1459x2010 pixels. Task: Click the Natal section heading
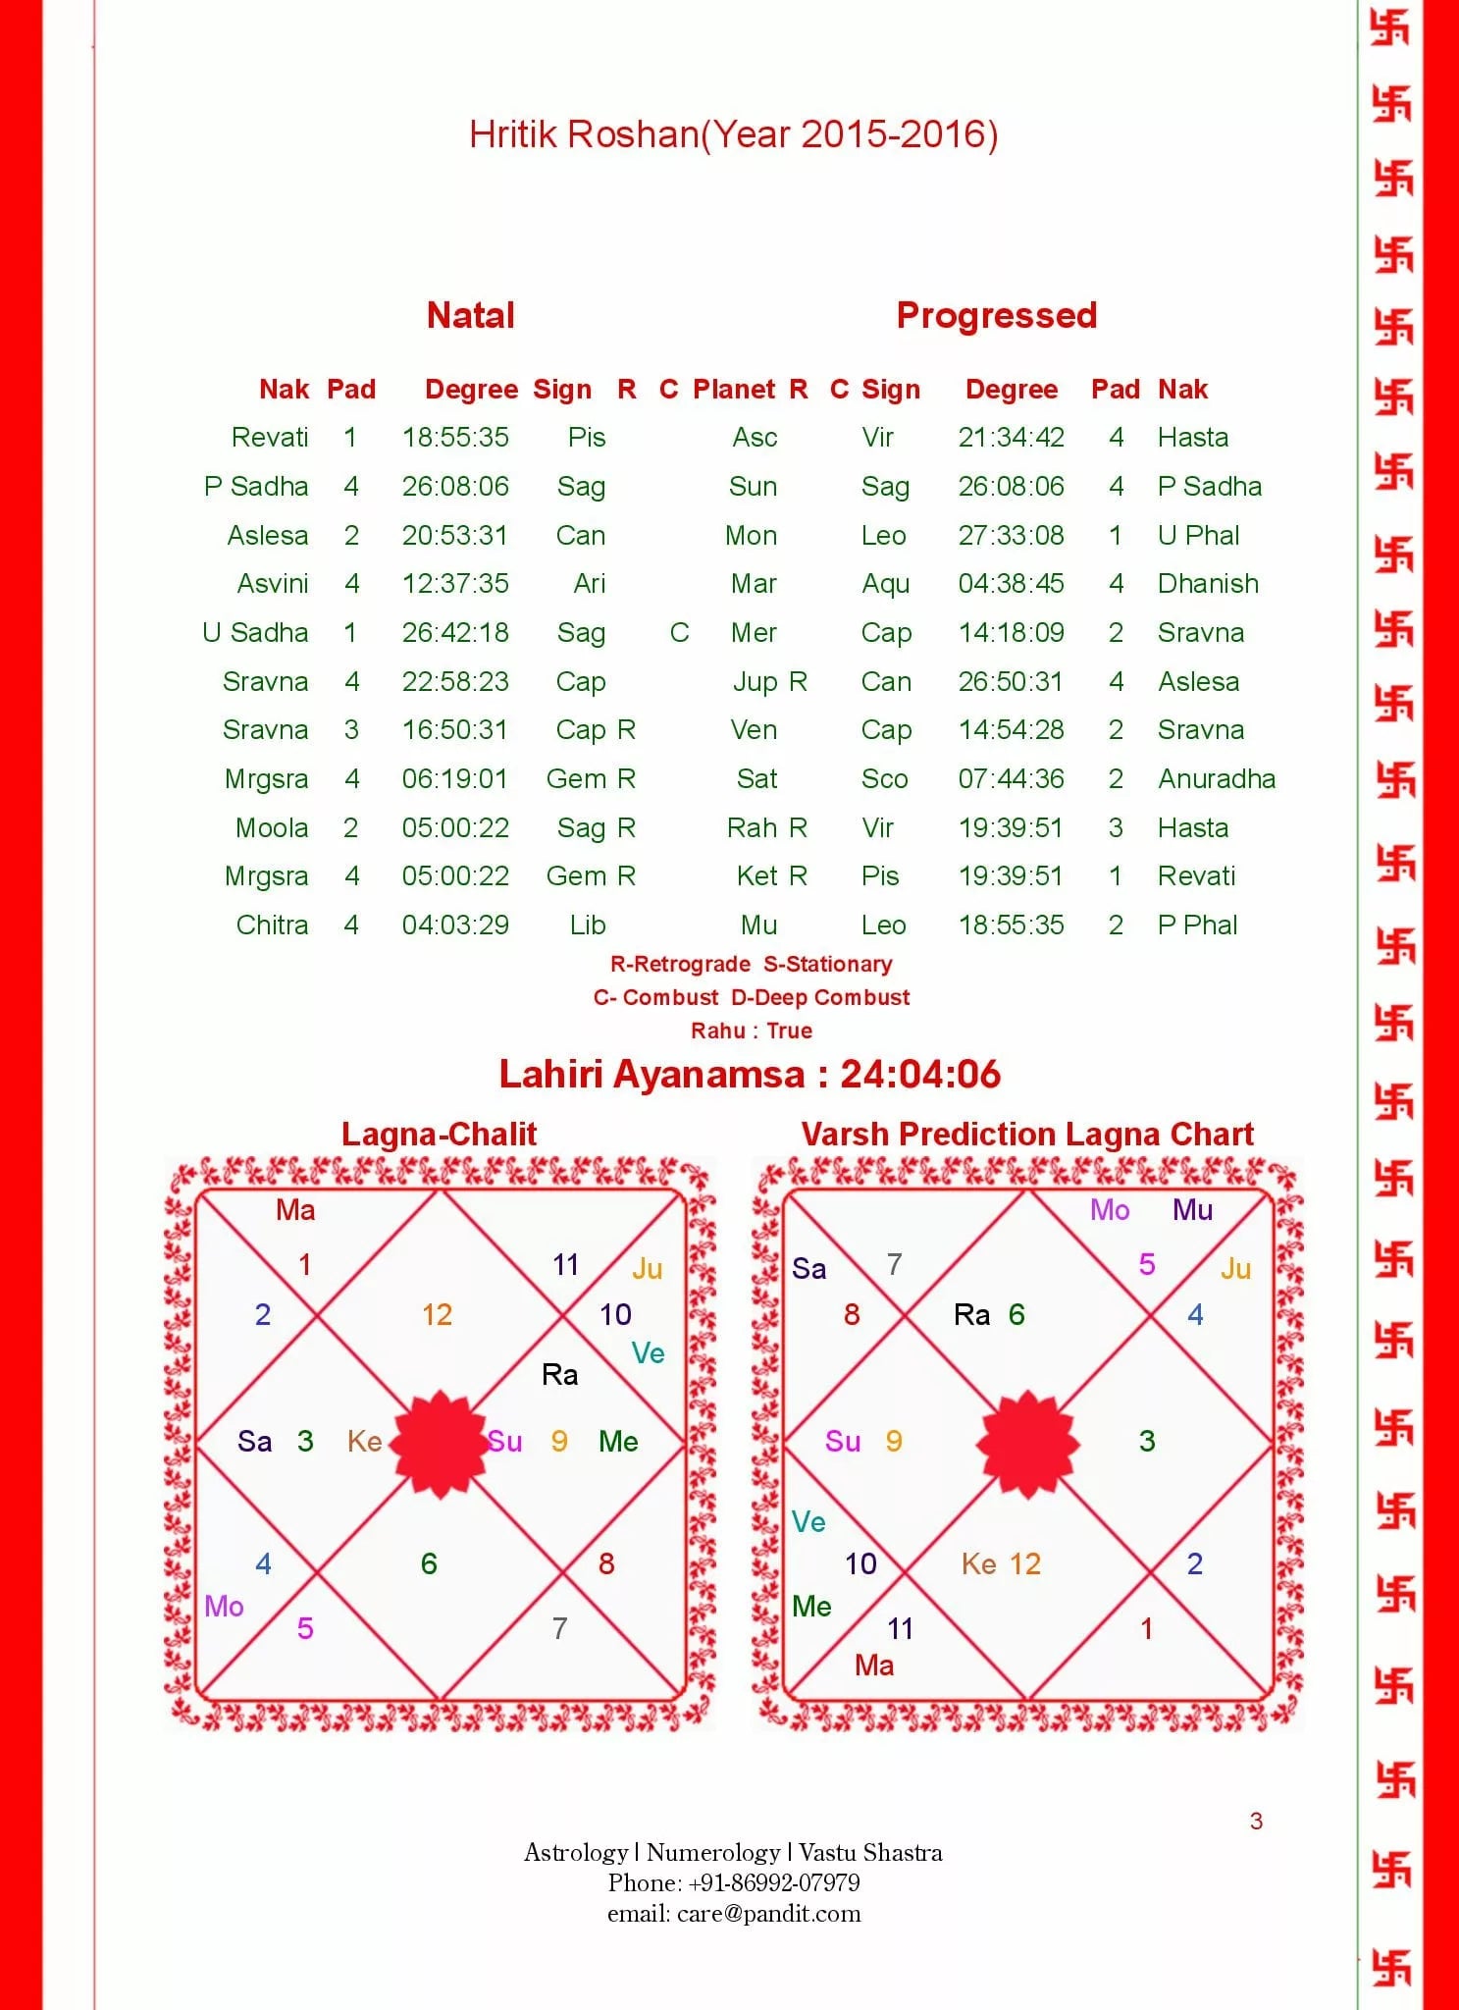tap(470, 315)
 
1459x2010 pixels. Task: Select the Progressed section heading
tap(996, 315)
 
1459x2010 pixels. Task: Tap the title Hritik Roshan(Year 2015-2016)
tap(733, 134)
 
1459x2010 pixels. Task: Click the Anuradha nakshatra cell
tap(1216, 778)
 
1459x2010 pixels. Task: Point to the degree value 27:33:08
tap(1011, 535)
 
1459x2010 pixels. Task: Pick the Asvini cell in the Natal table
tap(272, 584)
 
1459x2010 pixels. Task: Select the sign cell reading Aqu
tap(885, 584)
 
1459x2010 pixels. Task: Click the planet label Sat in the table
tap(756, 778)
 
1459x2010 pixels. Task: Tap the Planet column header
tap(734, 390)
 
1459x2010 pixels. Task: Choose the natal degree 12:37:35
tap(455, 584)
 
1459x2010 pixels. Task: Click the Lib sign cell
tap(587, 925)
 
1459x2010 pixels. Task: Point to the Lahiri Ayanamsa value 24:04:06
tap(919, 1074)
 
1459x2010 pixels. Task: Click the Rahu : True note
tap(751, 1031)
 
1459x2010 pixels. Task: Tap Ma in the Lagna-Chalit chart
tap(295, 1209)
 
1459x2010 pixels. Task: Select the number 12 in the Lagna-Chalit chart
tap(437, 1314)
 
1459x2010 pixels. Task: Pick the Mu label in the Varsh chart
tap(1192, 1209)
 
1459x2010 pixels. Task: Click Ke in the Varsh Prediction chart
tap(978, 1563)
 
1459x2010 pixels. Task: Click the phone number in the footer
tap(774, 1882)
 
